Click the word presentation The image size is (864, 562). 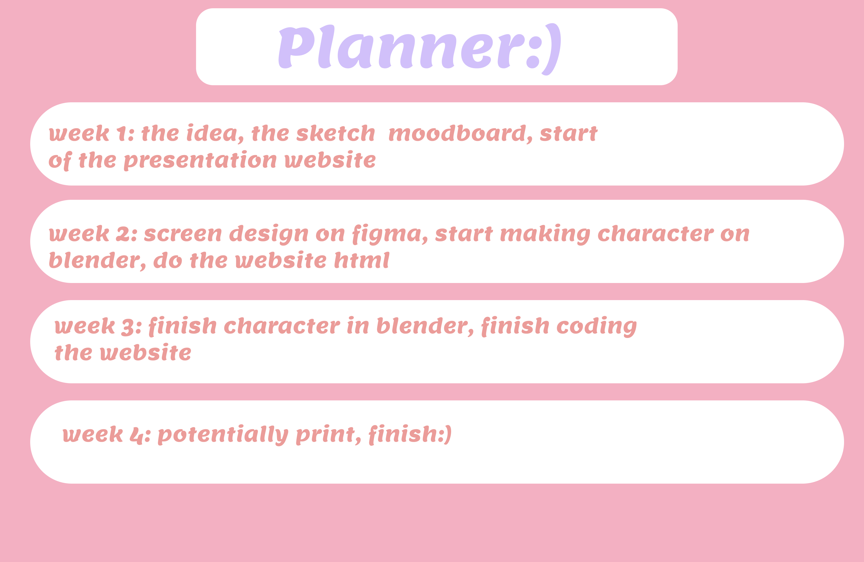point(200,161)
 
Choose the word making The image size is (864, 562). point(545,235)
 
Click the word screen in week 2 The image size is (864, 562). point(183,235)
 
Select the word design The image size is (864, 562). point(269,235)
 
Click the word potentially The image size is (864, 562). point(223,435)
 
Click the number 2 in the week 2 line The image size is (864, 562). point(122,234)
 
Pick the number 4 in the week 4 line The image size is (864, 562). point(136,435)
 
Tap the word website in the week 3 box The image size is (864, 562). point(146,353)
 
